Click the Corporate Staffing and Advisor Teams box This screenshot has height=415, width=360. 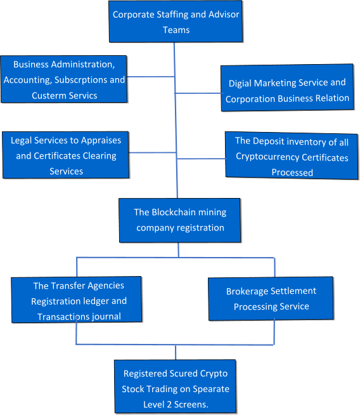point(176,22)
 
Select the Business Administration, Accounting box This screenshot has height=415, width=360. point(63,79)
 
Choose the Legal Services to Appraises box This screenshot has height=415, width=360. point(66,155)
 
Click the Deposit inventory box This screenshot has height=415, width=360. point(292,156)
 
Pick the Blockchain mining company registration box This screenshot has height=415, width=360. point(179,220)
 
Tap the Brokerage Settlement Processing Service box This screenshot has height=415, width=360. point(271,298)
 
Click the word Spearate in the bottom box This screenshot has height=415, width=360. point(210,388)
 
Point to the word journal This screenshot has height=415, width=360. point(104,316)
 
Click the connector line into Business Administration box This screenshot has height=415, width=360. point(151,77)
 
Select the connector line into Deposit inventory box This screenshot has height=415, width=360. point(201,152)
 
